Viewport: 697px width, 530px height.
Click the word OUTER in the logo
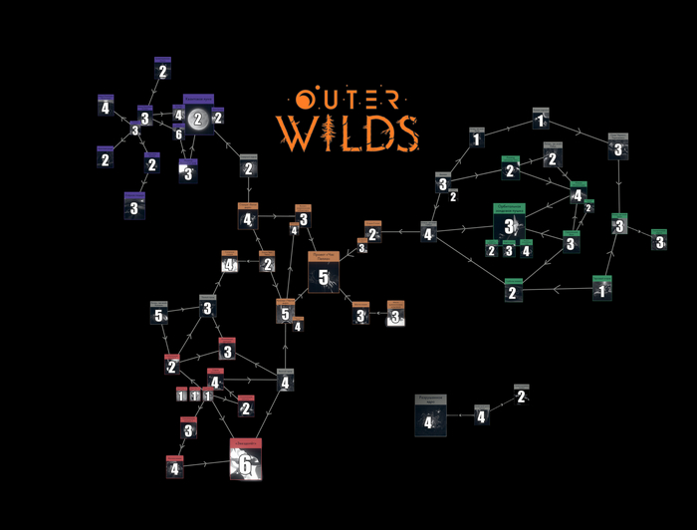coord(348,100)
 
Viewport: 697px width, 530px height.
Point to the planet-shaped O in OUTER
coord(303,100)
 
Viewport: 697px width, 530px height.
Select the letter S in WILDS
coord(402,132)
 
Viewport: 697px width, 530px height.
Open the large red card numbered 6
coord(245,459)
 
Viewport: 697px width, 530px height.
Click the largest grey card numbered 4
coord(430,415)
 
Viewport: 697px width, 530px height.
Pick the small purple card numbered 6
coord(178,132)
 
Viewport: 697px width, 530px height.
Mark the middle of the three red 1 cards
coord(195,395)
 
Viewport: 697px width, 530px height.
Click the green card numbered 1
coord(600,289)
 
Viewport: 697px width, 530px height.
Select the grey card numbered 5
coord(159,313)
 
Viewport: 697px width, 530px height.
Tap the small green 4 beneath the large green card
coord(526,249)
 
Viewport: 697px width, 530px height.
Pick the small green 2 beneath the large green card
coord(491,249)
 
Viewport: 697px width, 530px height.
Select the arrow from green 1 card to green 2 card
coord(558,291)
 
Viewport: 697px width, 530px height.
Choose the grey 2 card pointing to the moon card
coord(248,166)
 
